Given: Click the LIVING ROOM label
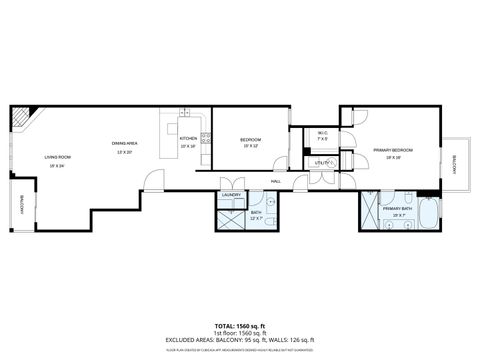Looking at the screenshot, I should [x=56, y=157].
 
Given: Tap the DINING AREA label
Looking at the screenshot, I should [x=125, y=144].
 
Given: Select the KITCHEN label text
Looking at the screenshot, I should [x=188, y=140].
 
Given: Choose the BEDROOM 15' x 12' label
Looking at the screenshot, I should [x=250, y=140].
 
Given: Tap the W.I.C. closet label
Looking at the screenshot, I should [x=322, y=134].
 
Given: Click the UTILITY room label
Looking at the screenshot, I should [x=322, y=162].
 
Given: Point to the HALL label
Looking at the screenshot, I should [x=275, y=181].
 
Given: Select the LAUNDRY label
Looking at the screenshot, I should [x=232, y=195].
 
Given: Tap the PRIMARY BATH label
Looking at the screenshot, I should [x=397, y=209].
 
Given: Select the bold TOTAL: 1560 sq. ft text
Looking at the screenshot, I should [x=240, y=326].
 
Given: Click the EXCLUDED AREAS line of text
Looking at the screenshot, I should [x=240, y=341].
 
